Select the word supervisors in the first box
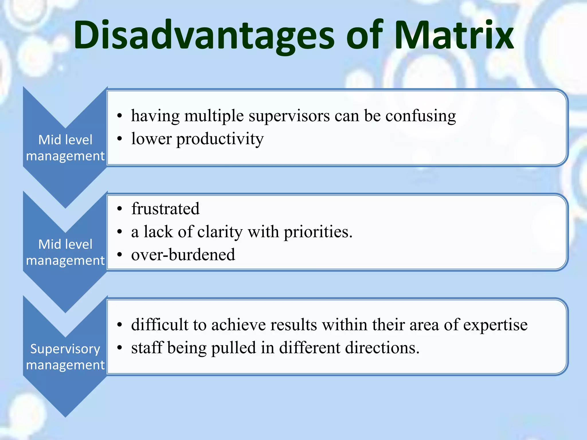pos(289,116)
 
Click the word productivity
pos(220,140)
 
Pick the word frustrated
pos(165,209)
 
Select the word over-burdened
pos(183,255)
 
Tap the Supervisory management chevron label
pos(65,357)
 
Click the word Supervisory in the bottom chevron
pos(65,349)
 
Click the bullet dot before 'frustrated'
pos(120,209)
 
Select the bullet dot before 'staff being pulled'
pos(120,348)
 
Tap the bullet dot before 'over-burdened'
pos(120,255)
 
